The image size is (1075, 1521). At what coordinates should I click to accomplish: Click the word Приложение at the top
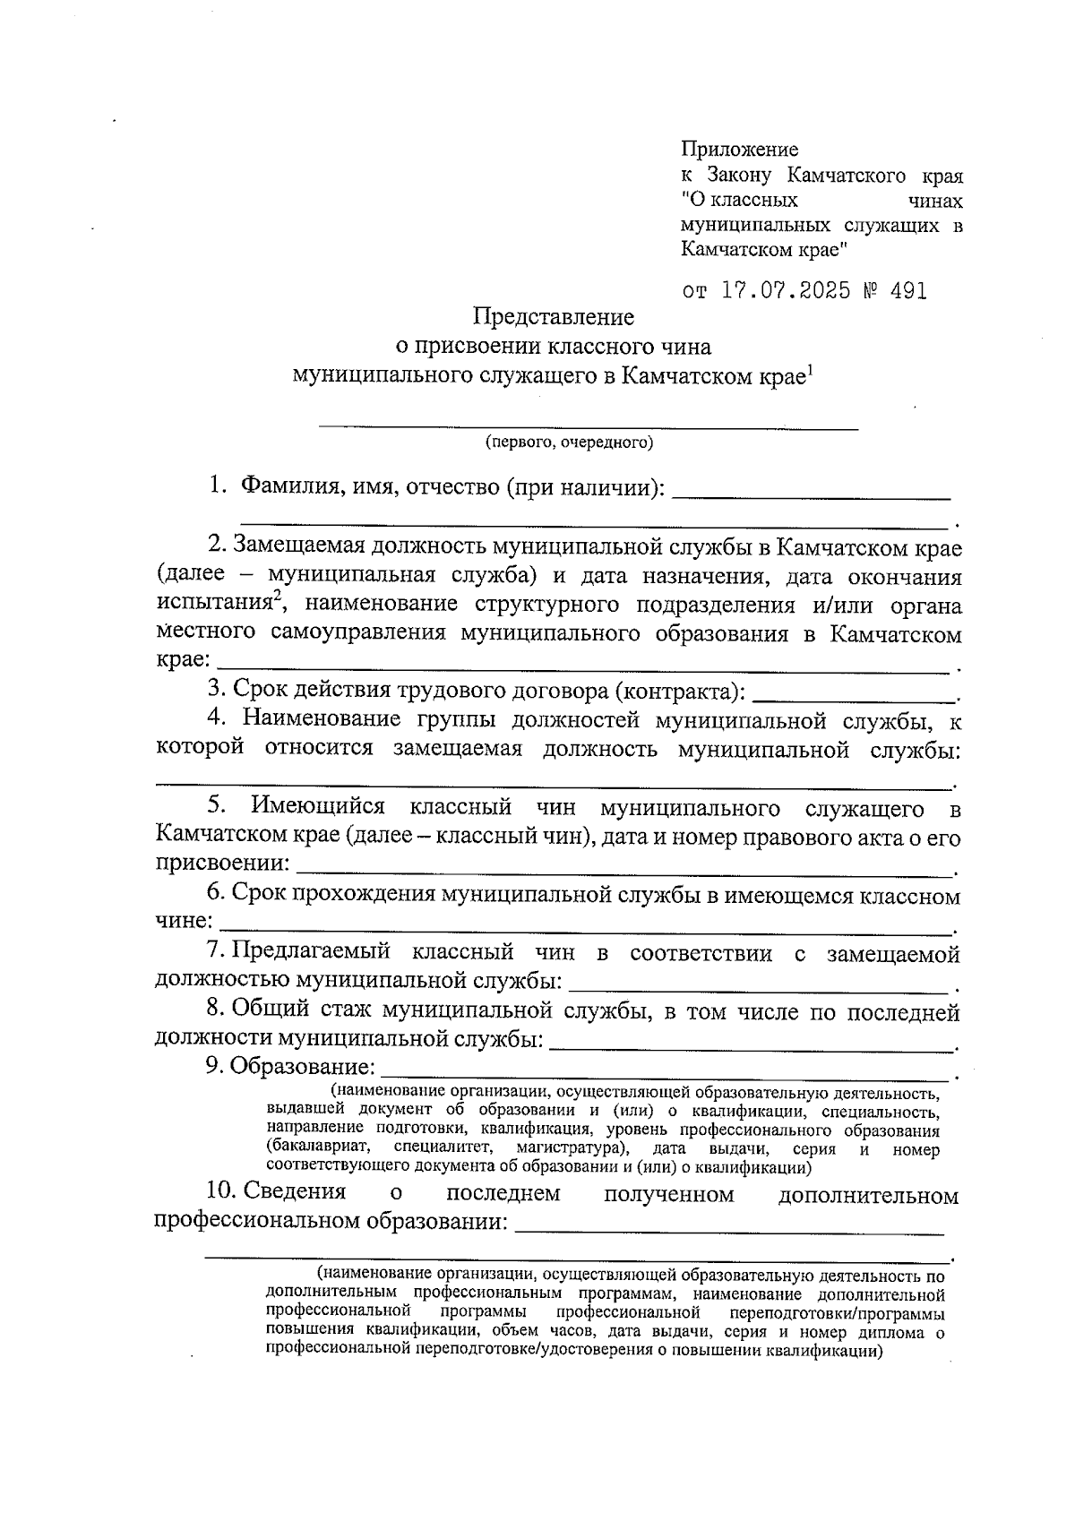click(x=739, y=150)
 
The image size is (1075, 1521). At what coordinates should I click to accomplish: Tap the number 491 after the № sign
click(x=907, y=291)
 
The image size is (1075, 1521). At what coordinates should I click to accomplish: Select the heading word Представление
click(x=553, y=317)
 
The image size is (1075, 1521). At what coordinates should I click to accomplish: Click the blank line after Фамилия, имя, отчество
click(x=811, y=494)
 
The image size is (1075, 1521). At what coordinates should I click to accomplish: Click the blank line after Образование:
click(x=665, y=1073)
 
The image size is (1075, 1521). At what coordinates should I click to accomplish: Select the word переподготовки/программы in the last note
click(x=837, y=1314)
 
